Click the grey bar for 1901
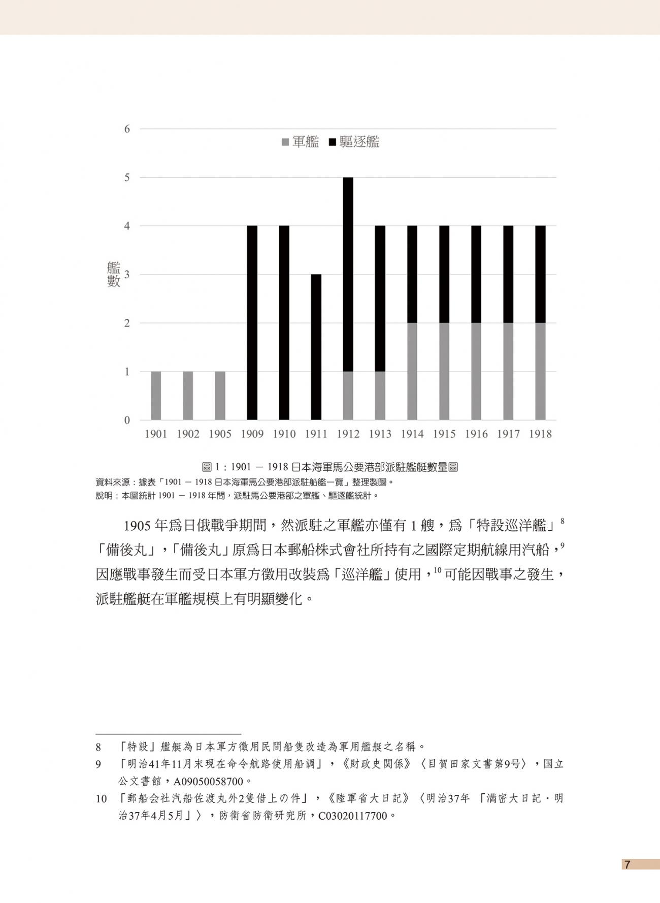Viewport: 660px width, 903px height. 156,396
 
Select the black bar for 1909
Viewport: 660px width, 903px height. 252,322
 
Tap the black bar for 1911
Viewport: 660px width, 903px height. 316,347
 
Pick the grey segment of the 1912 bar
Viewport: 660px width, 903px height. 348,396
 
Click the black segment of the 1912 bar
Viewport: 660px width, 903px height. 348,274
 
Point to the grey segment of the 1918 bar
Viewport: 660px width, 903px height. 540,371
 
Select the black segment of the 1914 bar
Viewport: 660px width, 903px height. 412,274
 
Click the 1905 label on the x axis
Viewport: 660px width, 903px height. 220,434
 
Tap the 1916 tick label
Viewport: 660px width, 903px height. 476,434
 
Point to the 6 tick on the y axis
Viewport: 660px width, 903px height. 127,129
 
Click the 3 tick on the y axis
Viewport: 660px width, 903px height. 127,275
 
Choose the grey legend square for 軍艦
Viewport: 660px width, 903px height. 285,143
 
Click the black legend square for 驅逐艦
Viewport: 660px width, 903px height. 333,143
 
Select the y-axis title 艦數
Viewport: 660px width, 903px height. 113,274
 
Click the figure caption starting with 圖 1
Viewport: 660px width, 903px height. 330,467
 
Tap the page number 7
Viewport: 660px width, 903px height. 628,865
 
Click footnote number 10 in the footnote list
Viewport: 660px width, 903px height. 102,799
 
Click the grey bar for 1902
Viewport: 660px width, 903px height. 188,396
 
